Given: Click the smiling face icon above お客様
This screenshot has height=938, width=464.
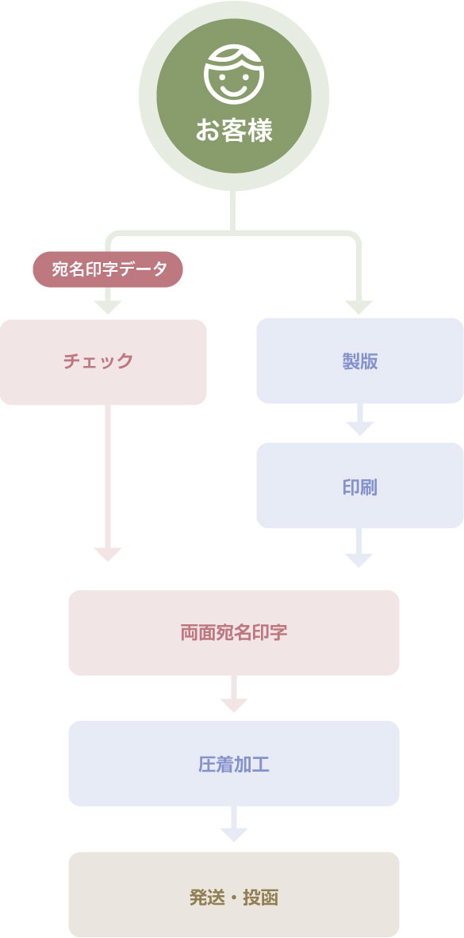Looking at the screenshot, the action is (x=233, y=74).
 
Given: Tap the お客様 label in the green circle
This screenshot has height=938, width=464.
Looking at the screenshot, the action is (x=234, y=131).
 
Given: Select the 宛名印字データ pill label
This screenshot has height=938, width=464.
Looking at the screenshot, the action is (x=108, y=269).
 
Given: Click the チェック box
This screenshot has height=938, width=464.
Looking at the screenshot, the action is (x=103, y=362).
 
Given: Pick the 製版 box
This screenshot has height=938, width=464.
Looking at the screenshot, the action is (x=360, y=360).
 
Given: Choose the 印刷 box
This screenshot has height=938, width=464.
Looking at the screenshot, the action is (x=360, y=485).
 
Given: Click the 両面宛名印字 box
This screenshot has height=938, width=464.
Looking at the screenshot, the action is (x=234, y=633).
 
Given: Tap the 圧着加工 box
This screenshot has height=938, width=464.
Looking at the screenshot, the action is (x=234, y=764).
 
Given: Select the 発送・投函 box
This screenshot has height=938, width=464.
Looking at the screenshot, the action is (x=234, y=894).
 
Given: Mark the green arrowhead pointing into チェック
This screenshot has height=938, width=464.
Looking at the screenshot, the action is (x=108, y=307).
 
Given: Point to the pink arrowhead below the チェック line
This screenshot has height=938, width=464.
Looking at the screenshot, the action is (x=108, y=554).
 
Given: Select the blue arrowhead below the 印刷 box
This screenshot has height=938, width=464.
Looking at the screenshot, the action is (x=359, y=560).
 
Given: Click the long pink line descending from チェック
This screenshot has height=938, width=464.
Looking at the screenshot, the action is (x=108, y=476).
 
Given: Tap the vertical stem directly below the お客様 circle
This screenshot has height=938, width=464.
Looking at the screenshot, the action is (x=233, y=211).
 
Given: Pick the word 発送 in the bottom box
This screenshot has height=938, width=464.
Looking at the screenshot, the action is (x=207, y=898).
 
